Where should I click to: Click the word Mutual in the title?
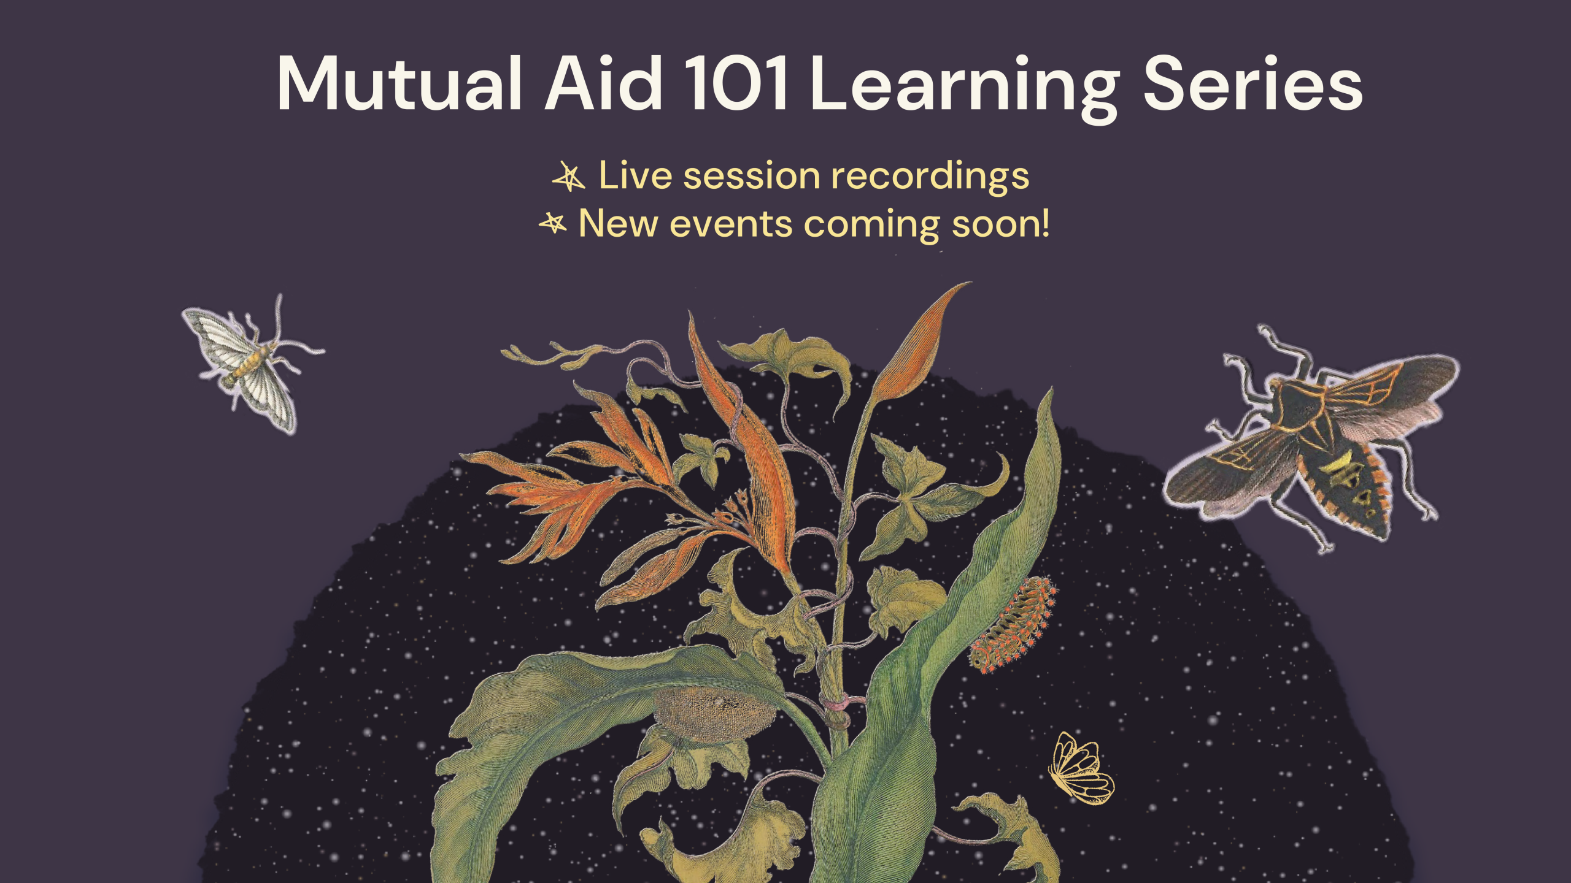[x=399, y=85]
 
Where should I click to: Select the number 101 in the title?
[x=736, y=85]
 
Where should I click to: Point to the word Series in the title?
[x=1252, y=85]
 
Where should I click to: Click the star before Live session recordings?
[x=569, y=177]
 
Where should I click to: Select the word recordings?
[x=930, y=177]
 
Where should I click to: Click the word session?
[x=752, y=176]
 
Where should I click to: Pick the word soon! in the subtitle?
[x=1000, y=224]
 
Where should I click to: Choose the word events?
[x=731, y=224]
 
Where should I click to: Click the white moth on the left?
[x=252, y=365]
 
